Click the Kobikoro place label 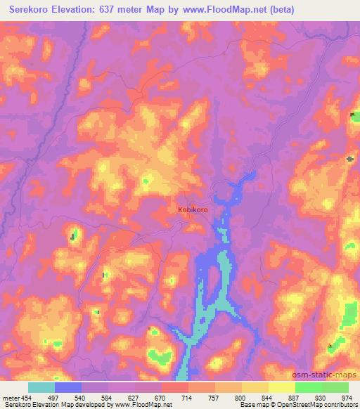(193, 209)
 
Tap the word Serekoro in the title (34, 9)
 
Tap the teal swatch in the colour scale (41, 387)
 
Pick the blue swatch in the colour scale (68, 387)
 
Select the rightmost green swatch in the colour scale (335, 387)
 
